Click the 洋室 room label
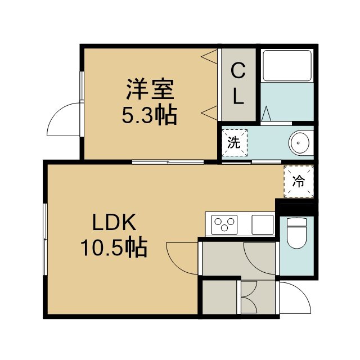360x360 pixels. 150,89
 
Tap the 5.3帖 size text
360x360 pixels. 150,115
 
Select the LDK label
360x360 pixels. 114,222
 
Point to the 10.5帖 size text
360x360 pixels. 114,247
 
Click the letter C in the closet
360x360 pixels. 238,71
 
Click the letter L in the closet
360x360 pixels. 238,96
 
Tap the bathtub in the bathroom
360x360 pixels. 287,65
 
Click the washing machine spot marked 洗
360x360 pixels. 235,143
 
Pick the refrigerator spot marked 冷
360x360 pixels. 299,181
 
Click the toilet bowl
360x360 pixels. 297,233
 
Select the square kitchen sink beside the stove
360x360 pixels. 263,224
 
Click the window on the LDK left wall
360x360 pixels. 45,239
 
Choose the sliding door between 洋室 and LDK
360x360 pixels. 168,162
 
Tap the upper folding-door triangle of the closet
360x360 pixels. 209,56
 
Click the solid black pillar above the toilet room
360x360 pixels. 296,208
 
